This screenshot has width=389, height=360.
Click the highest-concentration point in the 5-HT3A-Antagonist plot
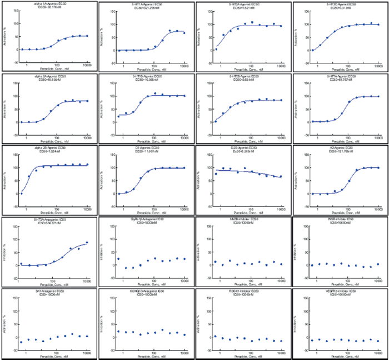(87, 243)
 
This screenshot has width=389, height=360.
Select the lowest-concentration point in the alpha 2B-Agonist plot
(21, 193)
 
